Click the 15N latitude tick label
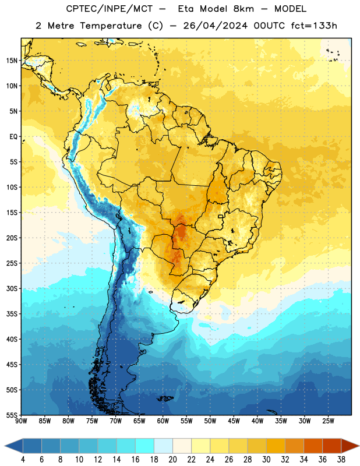[12, 61]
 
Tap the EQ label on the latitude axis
[13, 137]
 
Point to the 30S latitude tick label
[12, 288]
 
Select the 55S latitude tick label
[12, 415]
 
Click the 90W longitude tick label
[21, 421]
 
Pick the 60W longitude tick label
[163, 421]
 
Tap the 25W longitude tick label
[329, 421]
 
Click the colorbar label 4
[23, 460]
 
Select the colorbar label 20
[172, 460]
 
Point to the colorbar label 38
[341, 460]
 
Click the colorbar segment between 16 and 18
[145, 446]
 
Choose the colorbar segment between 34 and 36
[313, 446]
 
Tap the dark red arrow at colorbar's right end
[350, 446]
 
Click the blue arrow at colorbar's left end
[14, 446]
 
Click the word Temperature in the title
[111, 26]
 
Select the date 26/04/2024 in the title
[215, 26]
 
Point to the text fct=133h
[314, 26]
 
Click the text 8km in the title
[243, 9]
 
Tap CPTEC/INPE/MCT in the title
[109, 9]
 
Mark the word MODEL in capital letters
[290, 9]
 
